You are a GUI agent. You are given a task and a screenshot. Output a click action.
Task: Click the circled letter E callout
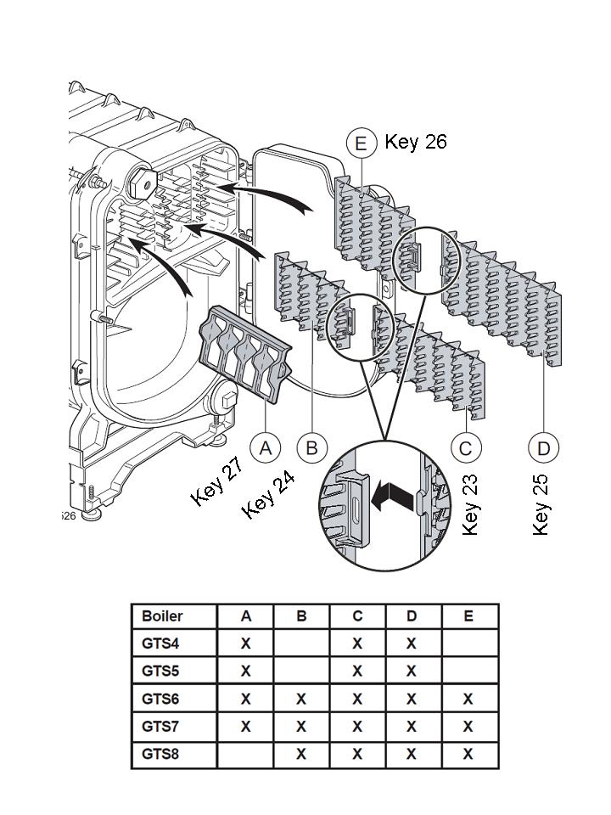click(362, 143)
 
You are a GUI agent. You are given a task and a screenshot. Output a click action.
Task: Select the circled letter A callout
click(266, 447)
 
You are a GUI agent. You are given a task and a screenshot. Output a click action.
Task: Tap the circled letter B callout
click(311, 447)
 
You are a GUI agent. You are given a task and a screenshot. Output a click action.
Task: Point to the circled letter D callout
click(543, 447)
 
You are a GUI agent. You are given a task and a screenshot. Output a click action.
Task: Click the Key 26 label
click(416, 141)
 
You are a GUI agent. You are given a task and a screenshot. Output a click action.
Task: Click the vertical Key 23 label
click(470, 504)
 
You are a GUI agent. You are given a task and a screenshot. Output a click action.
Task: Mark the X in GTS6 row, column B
click(301, 699)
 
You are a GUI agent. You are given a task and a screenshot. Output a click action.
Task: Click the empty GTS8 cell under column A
click(245, 754)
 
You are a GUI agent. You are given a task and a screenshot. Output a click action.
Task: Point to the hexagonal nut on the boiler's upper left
click(141, 181)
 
